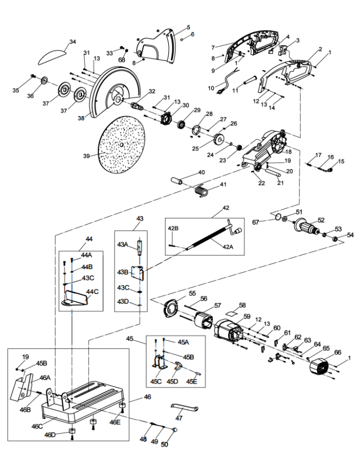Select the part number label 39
coord(86,156)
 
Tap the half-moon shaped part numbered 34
coord(52,57)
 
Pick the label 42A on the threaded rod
coord(228,247)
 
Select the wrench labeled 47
coord(185,408)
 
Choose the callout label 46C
coord(37,426)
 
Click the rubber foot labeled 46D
coord(72,431)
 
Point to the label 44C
coord(92,292)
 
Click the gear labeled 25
coord(218,139)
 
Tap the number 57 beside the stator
coord(218,305)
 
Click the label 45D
coord(172,381)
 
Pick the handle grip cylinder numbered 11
coord(251,82)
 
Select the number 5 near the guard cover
coord(188,27)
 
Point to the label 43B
coord(123,272)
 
